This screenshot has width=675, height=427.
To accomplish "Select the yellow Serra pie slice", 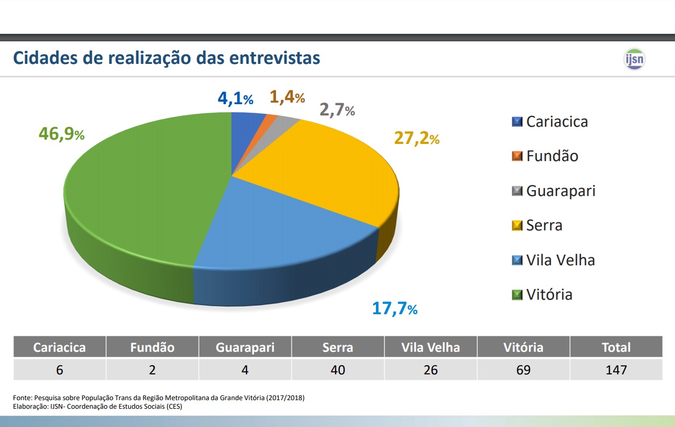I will pos(322,172).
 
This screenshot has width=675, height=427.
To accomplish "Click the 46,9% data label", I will pos(61,133).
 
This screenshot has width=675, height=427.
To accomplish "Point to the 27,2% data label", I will pos(417,138).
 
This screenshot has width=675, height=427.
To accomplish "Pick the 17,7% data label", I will pos(394,309).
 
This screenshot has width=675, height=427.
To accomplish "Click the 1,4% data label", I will pos(287,97).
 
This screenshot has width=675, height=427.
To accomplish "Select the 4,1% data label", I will pos(235,99).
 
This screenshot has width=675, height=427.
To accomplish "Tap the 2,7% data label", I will pos(337,110).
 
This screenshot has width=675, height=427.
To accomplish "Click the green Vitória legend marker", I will pos(517,295).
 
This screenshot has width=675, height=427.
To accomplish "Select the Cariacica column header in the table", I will pos(60,348).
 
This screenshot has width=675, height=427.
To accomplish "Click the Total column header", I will pos(616,348).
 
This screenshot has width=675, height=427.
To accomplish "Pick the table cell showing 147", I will pos(616,370).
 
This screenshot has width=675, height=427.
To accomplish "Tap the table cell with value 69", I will pos(523,370).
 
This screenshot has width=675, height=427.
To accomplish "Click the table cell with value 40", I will pos(338,370).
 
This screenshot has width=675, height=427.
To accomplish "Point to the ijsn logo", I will pos(634,59).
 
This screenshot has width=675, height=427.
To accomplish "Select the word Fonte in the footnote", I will pos(22,398).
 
